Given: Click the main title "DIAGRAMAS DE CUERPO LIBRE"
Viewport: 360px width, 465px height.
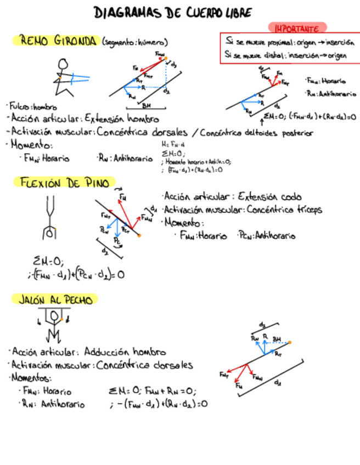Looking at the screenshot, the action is pyautogui.click(x=173, y=13).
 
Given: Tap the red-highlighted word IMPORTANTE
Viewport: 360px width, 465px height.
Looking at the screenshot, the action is pyautogui.click(x=297, y=27).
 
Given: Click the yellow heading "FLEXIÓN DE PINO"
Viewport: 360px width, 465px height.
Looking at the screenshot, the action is pyautogui.click(x=65, y=183).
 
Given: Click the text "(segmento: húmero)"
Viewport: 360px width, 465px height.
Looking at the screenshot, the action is pyautogui.click(x=134, y=42).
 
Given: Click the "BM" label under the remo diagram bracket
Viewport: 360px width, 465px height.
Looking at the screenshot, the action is pyautogui.click(x=146, y=105).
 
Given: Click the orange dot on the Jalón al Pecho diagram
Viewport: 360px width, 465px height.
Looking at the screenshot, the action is pyautogui.click(x=290, y=342).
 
